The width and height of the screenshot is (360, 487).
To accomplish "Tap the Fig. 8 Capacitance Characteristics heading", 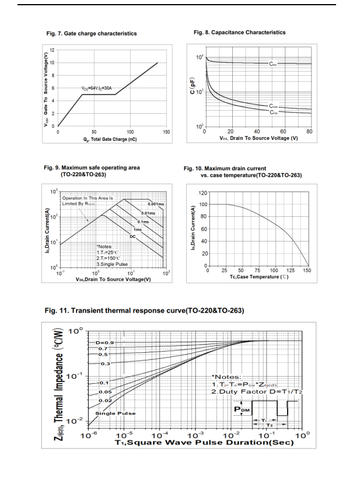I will pos(239,32).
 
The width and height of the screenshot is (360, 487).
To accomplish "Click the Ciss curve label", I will pos(273,63).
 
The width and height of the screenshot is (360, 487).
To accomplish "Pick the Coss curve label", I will pos(274,106).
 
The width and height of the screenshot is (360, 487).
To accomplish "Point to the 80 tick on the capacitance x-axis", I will pos(309,132).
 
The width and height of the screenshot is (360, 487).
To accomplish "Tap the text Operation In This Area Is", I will pos(88,199).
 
